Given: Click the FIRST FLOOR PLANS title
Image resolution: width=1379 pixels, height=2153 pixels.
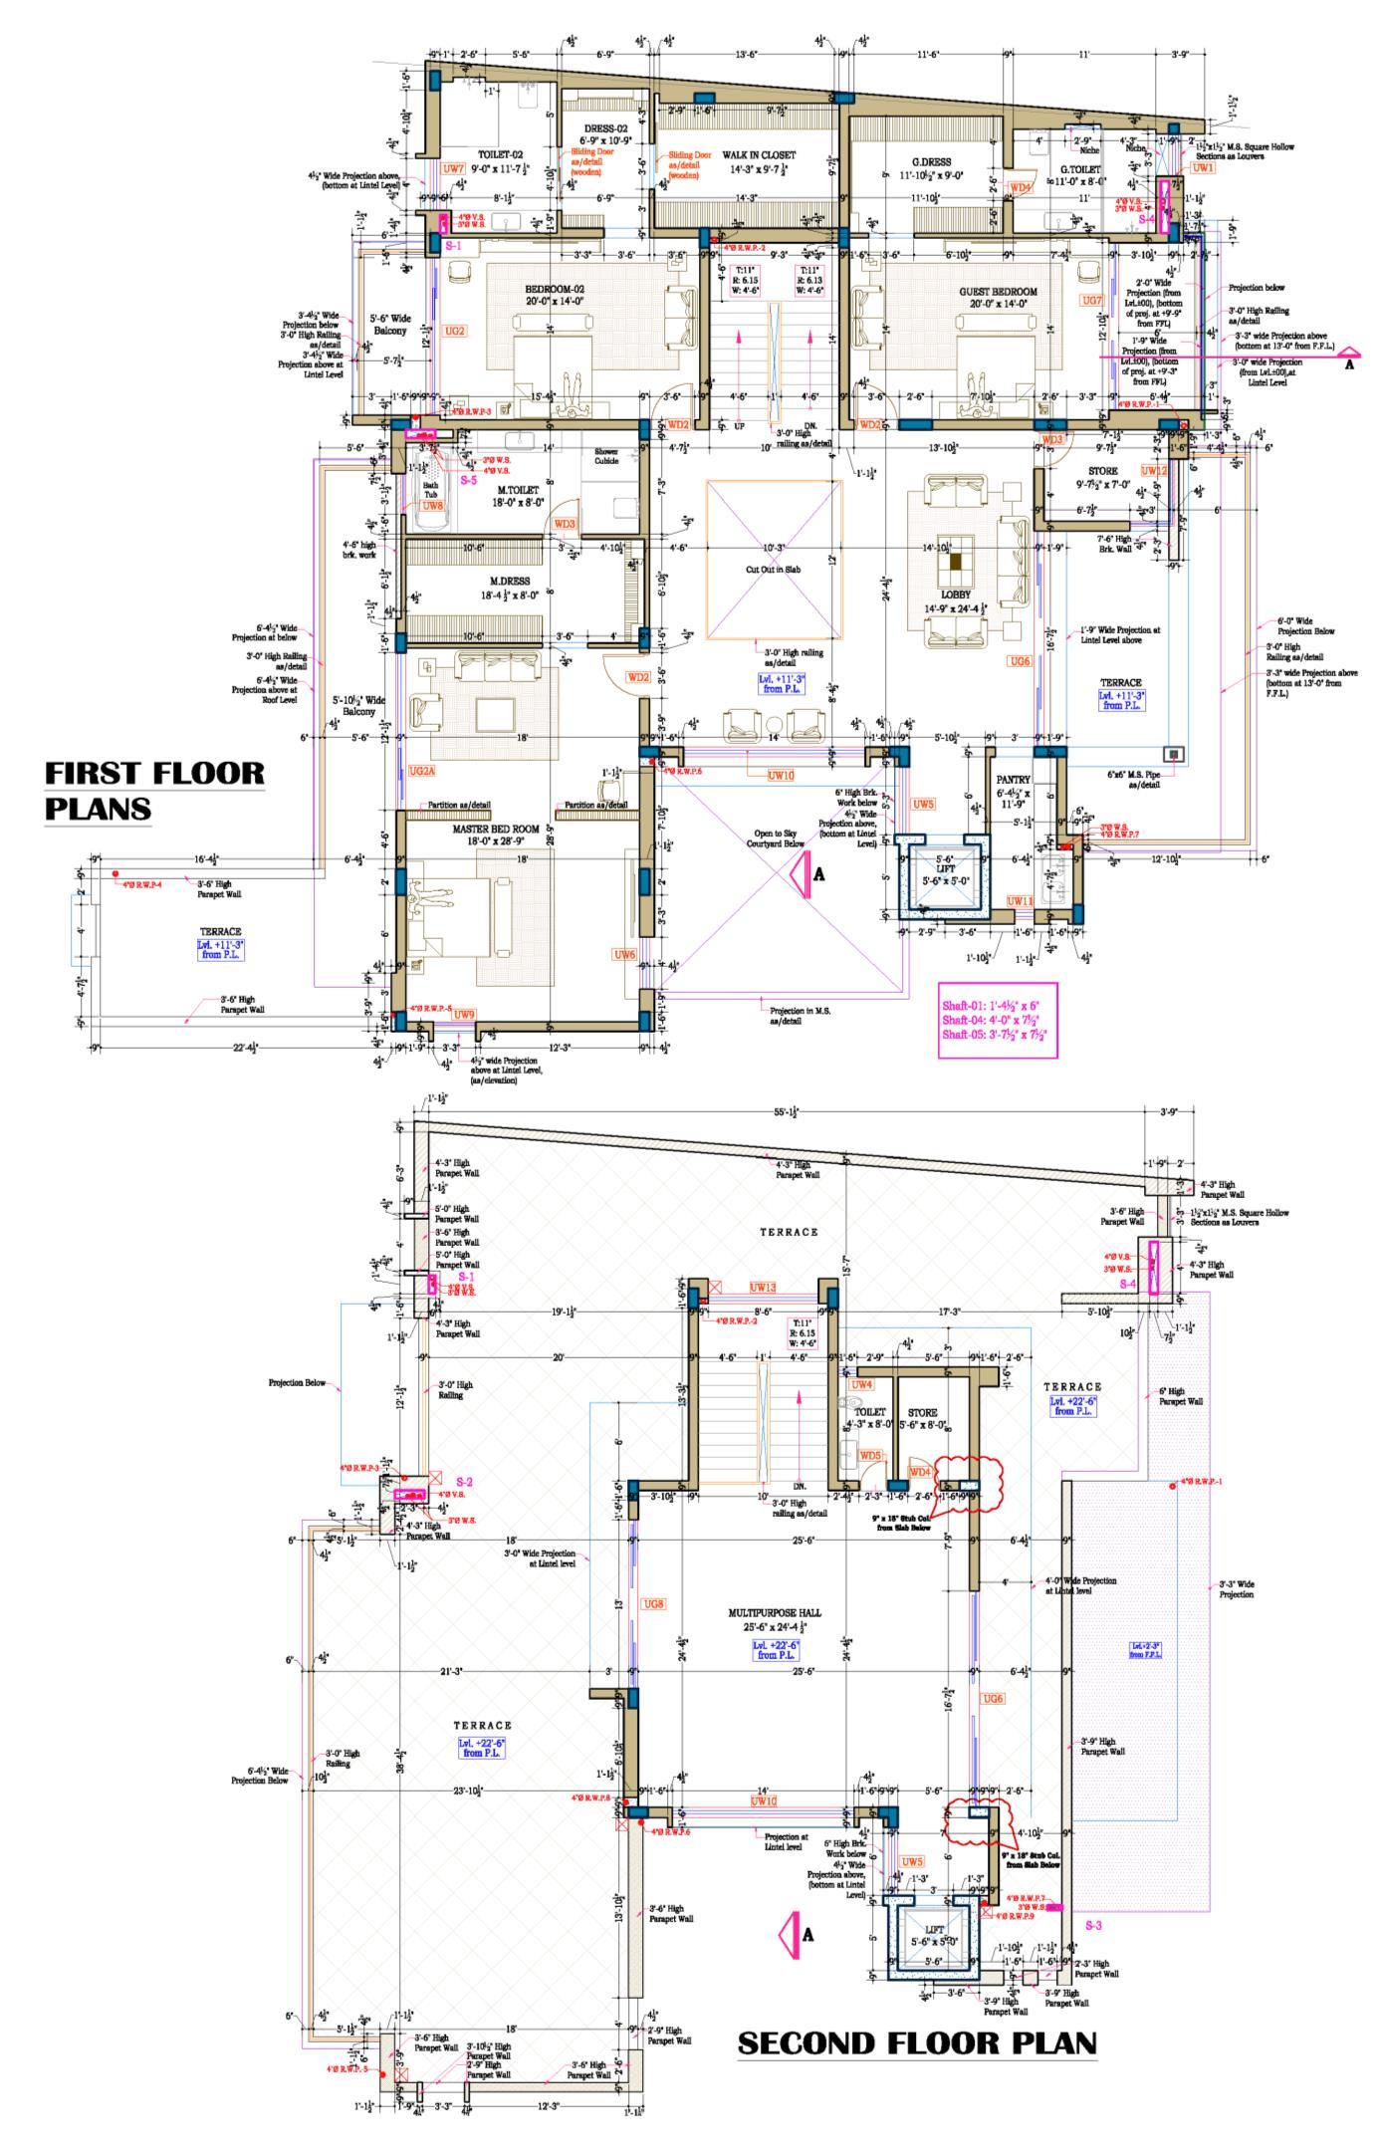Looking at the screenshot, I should point(154,790).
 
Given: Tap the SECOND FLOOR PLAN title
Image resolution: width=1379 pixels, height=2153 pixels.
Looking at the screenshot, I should point(917,2042).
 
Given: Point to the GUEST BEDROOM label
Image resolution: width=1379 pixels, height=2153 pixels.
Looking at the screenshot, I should point(998,292).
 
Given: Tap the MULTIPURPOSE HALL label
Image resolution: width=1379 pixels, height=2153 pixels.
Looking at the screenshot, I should point(776,1611).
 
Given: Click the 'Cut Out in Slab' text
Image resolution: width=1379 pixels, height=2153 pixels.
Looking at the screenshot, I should point(775,570).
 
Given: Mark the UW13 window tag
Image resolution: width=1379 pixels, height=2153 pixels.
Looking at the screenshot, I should point(763,1287).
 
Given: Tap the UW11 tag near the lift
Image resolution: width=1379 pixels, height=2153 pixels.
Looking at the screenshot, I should point(1020,900).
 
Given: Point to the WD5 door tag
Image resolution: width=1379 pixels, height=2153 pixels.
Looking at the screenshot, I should point(871,1455).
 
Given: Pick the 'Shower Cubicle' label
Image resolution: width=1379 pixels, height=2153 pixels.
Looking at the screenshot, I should point(606,456).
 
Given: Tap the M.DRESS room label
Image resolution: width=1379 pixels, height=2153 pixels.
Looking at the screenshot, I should point(510,581).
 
